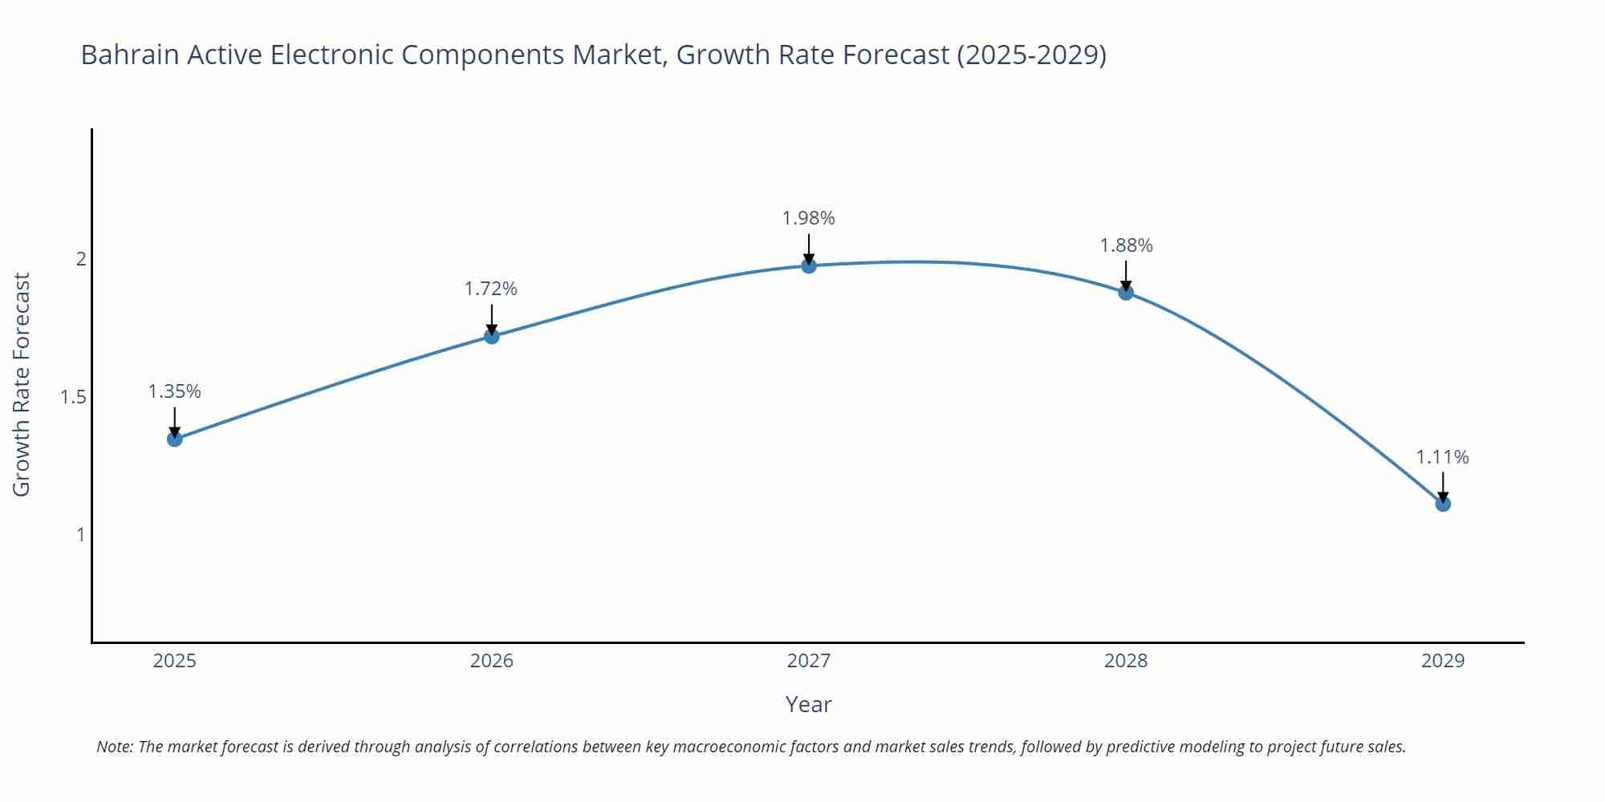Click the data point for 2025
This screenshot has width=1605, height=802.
pos(175,439)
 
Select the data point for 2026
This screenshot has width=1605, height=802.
pos(492,336)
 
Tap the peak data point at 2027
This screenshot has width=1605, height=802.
pos(809,265)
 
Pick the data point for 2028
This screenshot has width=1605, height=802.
pos(1126,293)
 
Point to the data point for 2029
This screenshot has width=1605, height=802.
pos(1443,504)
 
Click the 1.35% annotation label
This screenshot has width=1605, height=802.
pos(175,391)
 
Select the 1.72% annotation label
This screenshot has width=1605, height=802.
pos(491,289)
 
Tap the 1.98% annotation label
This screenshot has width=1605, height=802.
pos(809,218)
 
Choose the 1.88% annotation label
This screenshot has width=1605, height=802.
pos(1126,245)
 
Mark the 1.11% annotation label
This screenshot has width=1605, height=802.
pos(1442,457)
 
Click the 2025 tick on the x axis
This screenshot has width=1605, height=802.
pos(175,661)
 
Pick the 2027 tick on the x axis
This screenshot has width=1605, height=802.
pos(809,661)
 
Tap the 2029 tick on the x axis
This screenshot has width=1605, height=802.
pos(1443,661)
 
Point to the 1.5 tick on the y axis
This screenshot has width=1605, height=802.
pos(73,397)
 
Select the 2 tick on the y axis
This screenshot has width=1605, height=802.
pos(80,259)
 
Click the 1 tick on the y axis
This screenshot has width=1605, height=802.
pos(80,534)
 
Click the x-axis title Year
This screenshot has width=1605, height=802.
pos(809,704)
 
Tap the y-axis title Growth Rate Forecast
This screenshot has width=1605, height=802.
pos(22,384)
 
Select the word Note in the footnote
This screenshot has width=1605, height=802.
pos(114,747)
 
